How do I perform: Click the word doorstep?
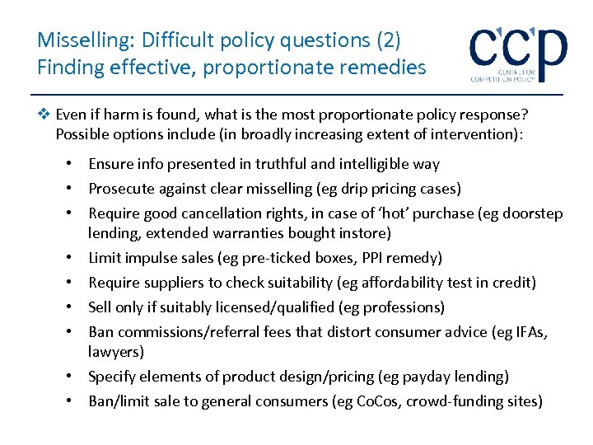coord(534,213)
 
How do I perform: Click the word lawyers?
coord(116,352)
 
